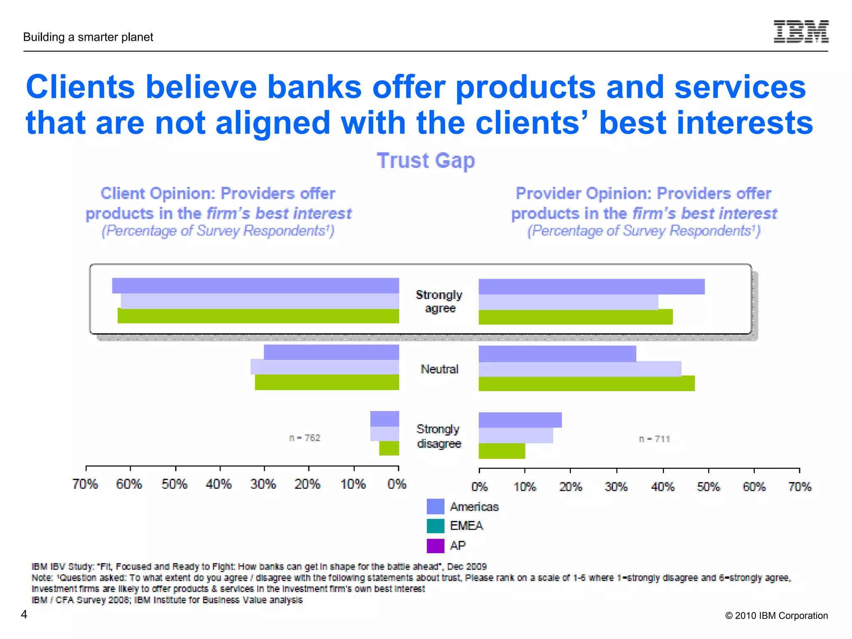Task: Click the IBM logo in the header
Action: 801,32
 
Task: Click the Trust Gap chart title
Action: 426,161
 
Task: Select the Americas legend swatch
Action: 435,506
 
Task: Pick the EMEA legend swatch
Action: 435,526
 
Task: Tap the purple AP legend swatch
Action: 435,545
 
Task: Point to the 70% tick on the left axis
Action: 85,484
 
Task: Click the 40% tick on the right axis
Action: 663,486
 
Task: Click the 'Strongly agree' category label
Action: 439,301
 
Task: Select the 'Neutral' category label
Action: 439,369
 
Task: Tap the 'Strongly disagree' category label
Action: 439,436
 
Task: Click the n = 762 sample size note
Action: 305,438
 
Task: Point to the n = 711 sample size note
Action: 654,439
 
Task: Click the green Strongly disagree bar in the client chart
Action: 389,448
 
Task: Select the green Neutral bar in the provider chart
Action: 587,384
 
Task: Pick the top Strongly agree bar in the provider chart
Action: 592,287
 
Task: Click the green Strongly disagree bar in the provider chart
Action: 502,451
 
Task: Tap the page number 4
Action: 24,614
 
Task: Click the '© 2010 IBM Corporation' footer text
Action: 776,615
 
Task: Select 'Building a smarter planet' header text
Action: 88,37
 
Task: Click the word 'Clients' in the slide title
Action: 80,87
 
